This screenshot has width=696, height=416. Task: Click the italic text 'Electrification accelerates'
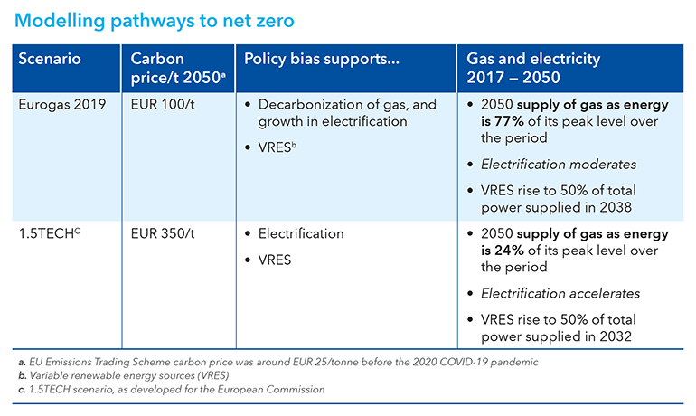click(x=561, y=294)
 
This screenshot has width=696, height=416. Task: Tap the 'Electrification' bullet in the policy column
click(x=301, y=233)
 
